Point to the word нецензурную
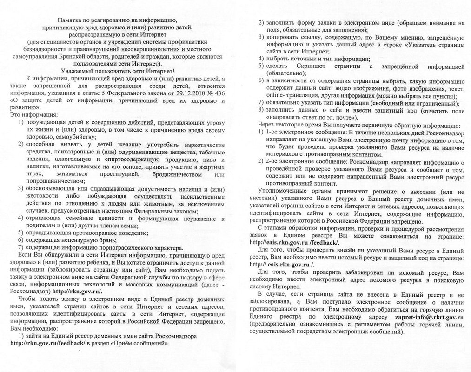74,240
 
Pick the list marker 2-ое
274,161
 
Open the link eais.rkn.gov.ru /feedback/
295,242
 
